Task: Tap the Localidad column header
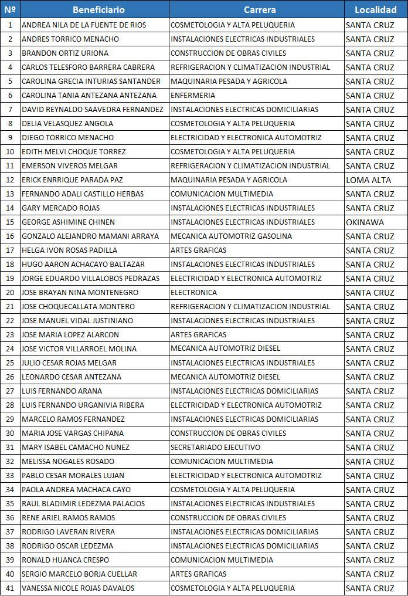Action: click(375, 10)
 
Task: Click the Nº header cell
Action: click(10, 10)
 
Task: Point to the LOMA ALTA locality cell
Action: click(369, 180)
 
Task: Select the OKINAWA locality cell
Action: click(365, 222)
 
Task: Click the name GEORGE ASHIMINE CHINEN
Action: click(68, 222)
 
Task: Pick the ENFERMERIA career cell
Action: click(193, 96)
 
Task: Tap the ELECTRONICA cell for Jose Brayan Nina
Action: click(193, 293)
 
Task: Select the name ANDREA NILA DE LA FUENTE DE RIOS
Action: click(84, 25)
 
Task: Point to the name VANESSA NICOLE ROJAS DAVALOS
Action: click(78, 588)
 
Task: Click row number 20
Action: click(10, 293)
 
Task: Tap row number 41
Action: click(10, 588)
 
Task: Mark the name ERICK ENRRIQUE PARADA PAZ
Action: click(72, 180)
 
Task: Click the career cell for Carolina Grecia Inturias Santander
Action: click(229, 82)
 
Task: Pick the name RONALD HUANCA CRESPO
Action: click(65, 560)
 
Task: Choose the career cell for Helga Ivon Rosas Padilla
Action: click(193, 250)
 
